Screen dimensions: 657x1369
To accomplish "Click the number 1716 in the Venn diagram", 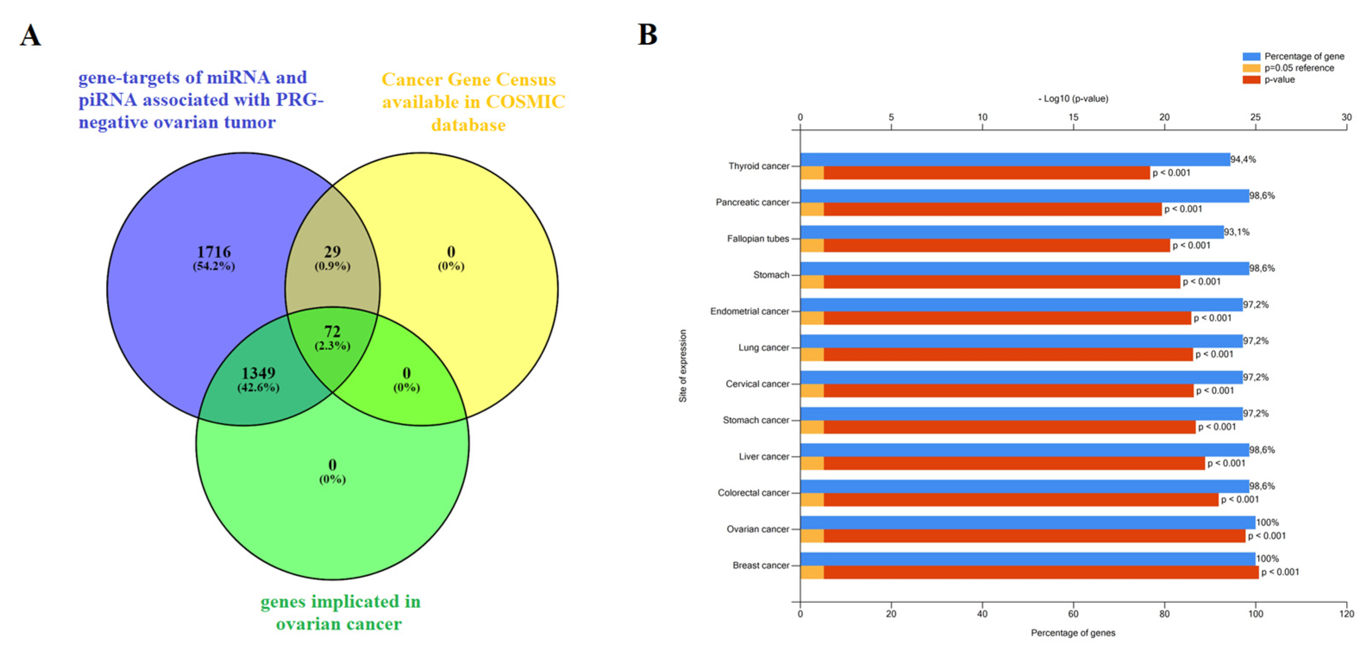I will click(x=214, y=251).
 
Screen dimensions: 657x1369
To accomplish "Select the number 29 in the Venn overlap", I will click(x=332, y=251).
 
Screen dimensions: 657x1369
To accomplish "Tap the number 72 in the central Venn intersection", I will click(x=332, y=331).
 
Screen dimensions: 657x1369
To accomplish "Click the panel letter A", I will click(x=30, y=36).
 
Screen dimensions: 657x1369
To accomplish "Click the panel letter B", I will click(x=647, y=34).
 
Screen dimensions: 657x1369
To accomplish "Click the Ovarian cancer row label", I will click(x=757, y=529).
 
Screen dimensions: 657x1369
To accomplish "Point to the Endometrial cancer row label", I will click(x=749, y=311).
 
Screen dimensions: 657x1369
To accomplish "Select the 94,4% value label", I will click(x=1243, y=159).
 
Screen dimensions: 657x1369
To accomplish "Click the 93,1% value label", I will click(x=1237, y=232).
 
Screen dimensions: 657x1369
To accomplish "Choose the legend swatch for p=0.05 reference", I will click(x=1251, y=68).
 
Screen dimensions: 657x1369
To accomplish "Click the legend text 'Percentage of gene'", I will click(x=1304, y=56).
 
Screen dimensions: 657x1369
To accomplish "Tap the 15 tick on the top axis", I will click(x=1073, y=117).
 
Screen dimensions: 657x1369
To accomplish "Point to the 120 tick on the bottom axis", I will click(x=1346, y=614).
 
